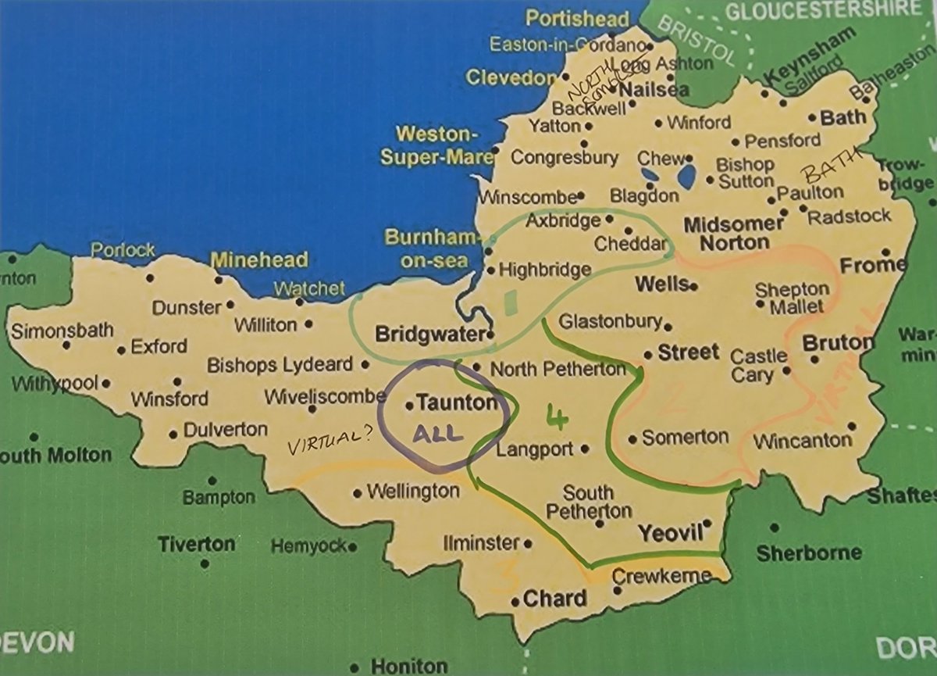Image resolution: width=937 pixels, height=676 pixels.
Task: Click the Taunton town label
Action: coord(456,403)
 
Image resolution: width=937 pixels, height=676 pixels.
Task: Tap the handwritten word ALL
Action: coord(439,434)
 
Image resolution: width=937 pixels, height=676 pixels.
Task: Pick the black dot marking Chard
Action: coord(515,602)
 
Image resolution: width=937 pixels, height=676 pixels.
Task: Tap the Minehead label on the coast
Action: coord(260,260)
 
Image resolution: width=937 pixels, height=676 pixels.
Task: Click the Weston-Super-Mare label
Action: coord(436,145)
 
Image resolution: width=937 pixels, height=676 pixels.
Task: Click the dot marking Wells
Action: coord(693,286)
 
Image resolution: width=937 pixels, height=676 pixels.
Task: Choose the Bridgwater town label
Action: coord(431,334)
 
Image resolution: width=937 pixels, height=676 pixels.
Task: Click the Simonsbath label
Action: coord(62,330)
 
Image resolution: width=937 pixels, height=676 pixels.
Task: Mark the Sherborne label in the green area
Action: coord(808,553)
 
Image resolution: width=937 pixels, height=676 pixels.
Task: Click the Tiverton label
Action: coord(195,544)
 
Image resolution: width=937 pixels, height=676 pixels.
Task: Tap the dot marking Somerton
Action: coord(632,438)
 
